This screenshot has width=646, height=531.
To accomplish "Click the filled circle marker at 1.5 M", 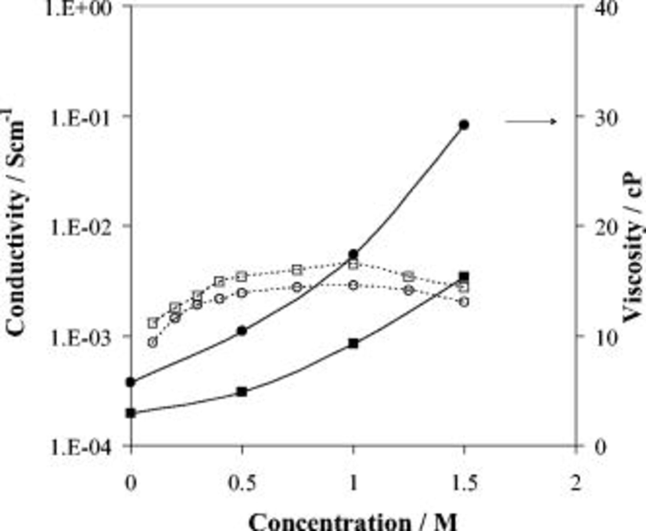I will tap(464, 125).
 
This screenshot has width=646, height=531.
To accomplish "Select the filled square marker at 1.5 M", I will tap(464, 277).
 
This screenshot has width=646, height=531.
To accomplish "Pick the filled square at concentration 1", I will tap(354, 343).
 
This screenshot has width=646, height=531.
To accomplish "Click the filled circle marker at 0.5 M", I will tap(242, 330).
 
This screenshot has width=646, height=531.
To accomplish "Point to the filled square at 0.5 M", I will tap(242, 391).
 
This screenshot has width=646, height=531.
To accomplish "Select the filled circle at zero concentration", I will tap(131, 382).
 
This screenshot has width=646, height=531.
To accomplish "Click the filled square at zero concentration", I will tap(131, 413).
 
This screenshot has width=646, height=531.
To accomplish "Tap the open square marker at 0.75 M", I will tap(296, 270).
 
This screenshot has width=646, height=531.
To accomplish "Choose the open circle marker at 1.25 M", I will tap(408, 290).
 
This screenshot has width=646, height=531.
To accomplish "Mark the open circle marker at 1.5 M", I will tap(464, 302).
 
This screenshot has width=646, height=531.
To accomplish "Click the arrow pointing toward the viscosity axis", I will tap(531, 122).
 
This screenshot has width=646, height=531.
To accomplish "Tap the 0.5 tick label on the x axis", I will tap(242, 483).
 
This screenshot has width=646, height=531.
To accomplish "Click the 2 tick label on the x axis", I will tap(575, 483).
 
